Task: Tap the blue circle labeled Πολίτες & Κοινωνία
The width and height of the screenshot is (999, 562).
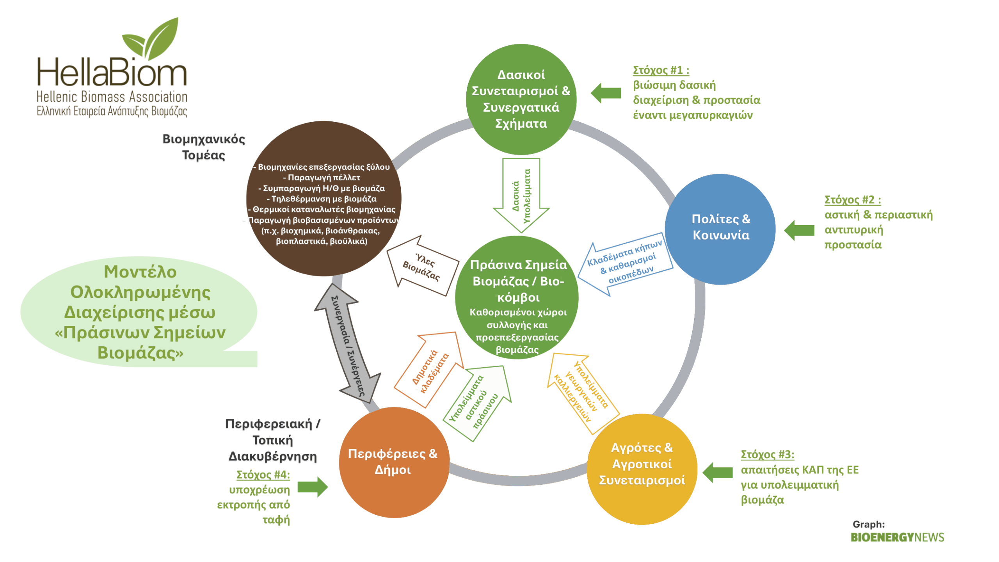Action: pos(720,229)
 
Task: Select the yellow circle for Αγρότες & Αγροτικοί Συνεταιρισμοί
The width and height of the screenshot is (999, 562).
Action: pos(642,469)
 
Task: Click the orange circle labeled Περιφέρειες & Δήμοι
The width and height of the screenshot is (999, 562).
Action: pos(394,462)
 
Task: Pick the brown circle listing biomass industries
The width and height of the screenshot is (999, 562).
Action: pos(324,199)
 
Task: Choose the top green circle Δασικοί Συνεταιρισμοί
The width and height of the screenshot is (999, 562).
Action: pos(521,99)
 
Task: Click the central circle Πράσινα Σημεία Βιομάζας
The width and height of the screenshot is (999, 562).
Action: pos(517,297)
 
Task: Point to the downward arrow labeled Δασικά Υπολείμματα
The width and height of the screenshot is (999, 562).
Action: pos(521,195)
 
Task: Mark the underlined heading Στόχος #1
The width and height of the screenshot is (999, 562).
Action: pos(661,70)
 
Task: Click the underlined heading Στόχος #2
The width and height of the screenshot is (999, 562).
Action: pos(852,200)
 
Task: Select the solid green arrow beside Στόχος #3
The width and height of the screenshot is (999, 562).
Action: pos(717,472)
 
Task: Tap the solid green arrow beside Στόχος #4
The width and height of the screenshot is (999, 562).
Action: pos(313,487)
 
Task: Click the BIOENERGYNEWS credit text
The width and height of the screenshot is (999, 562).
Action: pos(897,537)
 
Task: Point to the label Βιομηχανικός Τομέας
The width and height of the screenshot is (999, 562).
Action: pos(204,147)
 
